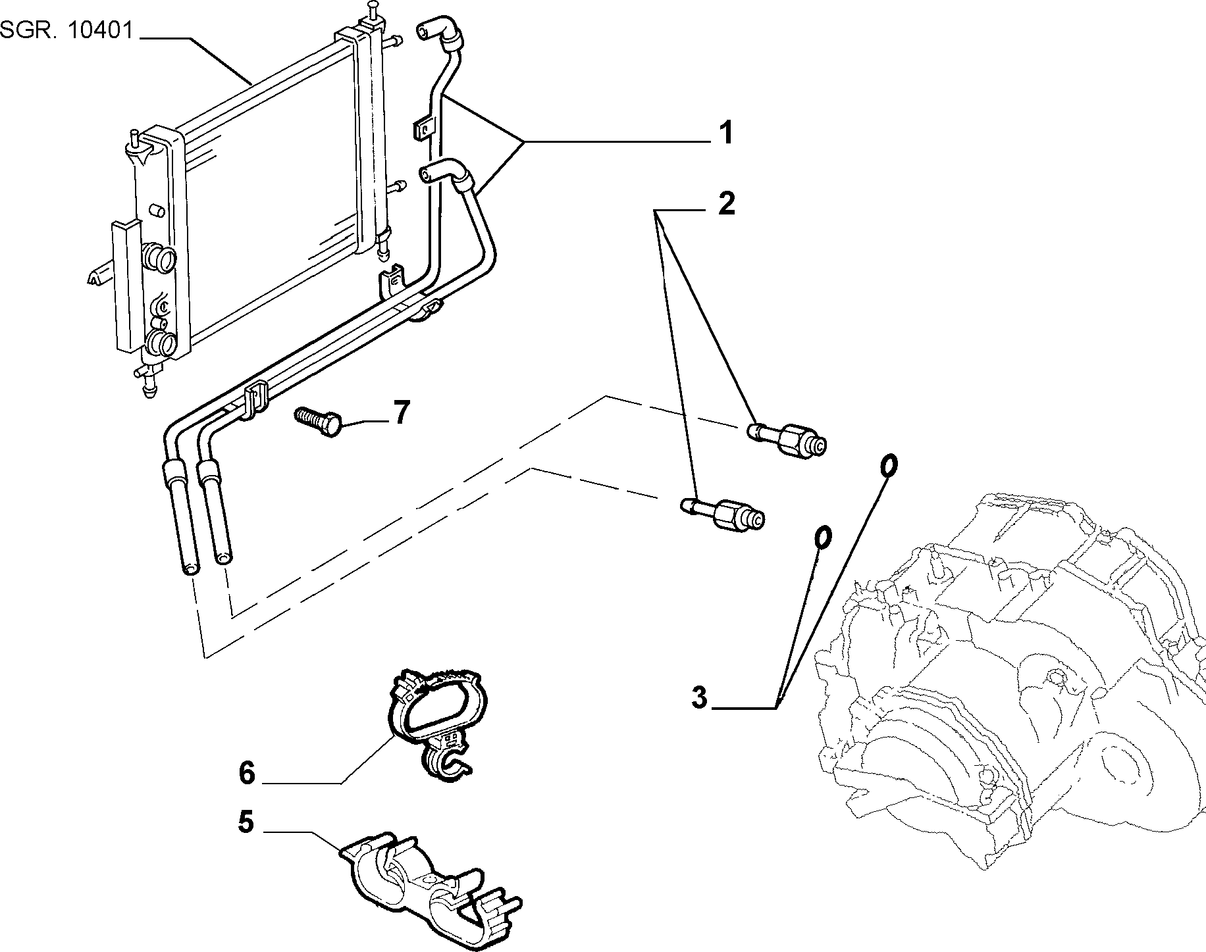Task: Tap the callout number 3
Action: (x=699, y=697)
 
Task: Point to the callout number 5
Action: (x=246, y=823)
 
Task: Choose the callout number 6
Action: (x=246, y=773)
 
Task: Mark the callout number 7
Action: (x=402, y=413)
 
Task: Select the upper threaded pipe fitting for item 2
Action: (x=788, y=439)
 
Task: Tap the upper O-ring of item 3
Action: (x=888, y=464)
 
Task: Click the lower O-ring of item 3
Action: (x=823, y=537)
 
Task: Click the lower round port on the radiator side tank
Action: (x=160, y=343)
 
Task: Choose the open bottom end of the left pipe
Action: (x=190, y=567)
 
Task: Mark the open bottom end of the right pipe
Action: (x=224, y=558)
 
